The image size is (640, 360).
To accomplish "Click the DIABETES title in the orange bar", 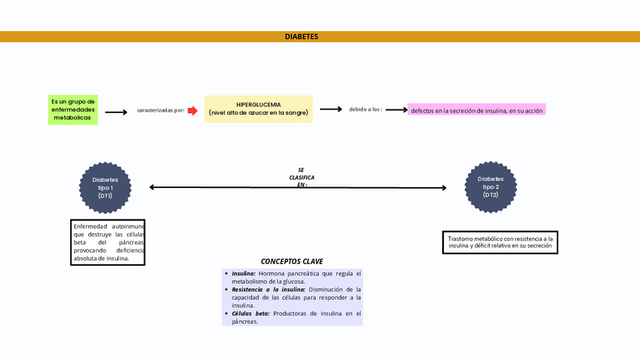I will (301, 37).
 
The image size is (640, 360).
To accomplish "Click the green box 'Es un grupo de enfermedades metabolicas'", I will (73, 110).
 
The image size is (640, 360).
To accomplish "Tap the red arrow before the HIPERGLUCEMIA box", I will (193, 110).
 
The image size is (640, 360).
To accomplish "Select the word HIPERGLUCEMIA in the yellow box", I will (258, 104).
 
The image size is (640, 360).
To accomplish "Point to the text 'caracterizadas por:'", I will (161, 111).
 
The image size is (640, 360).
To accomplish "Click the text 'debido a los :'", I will (365, 109).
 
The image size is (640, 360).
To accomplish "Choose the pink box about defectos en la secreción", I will (476, 110).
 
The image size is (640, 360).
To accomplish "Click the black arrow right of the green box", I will (115, 112).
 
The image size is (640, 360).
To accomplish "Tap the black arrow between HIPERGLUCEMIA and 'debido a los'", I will (330, 109).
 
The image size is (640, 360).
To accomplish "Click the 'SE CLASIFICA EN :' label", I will (301, 177).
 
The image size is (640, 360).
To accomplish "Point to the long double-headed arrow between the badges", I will (226, 187).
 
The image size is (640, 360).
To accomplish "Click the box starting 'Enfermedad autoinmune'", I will (108, 242).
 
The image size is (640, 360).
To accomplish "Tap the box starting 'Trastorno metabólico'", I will (500, 242).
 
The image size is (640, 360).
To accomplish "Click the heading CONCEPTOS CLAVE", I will (292, 261).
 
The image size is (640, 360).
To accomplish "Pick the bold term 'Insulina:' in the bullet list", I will (244, 273).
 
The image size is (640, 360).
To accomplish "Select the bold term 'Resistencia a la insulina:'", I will (268, 289).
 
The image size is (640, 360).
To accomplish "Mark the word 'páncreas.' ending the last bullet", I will (245, 322).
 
